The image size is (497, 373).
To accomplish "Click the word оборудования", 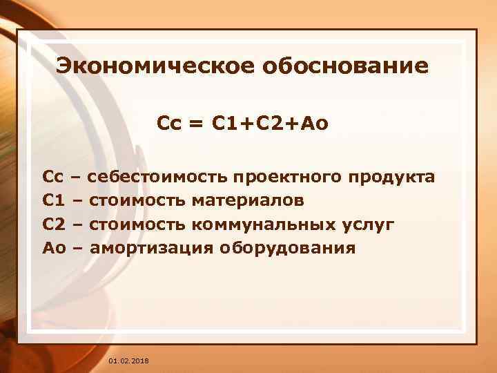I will [x=289, y=248].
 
